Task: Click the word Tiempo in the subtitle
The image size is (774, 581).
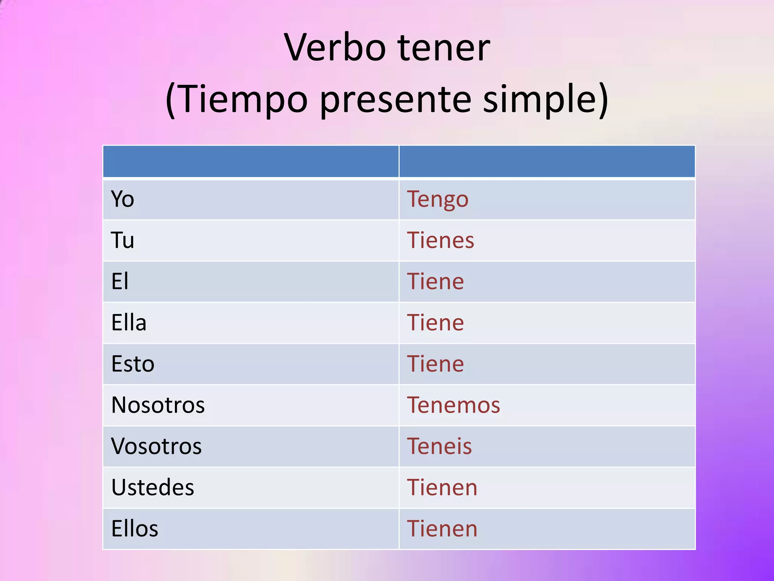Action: pyautogui.click(x=242, y=99)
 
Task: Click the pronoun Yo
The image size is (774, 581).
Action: pyautogui.click(x=122, y=199)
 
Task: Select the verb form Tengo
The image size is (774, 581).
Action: pyautogui.click(x=438, y=199)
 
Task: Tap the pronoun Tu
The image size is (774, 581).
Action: pyautogui.click(x=122, y=240)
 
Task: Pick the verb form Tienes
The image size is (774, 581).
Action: pyautogui.click(x=440, y=240)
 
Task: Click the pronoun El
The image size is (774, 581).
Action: pyautogui.click(x=120, y=281)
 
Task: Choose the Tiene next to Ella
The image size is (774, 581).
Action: pyautogui.click(x=435, y=323)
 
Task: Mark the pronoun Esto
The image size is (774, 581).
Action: pyautogui.click(x=133, y=364)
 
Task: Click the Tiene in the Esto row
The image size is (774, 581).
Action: pyautogui.click(x=435, y=364)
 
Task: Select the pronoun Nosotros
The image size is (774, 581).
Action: pyautogui.click(x=158, y=405)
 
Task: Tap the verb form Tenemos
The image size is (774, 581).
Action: pyautogui.click(x=454, y=405)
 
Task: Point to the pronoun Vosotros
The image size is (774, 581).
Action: pyautogui.click(x=156, y=446)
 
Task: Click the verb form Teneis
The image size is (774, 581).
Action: pyautogui.click(x=439, y=446)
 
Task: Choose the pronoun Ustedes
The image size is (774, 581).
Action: pyautogui.click(x=153, y=487)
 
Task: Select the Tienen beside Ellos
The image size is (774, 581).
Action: pyautogui.click(x=442, y=528)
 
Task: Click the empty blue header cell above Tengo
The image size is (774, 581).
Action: pyautogui.click(x=547, y=162)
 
